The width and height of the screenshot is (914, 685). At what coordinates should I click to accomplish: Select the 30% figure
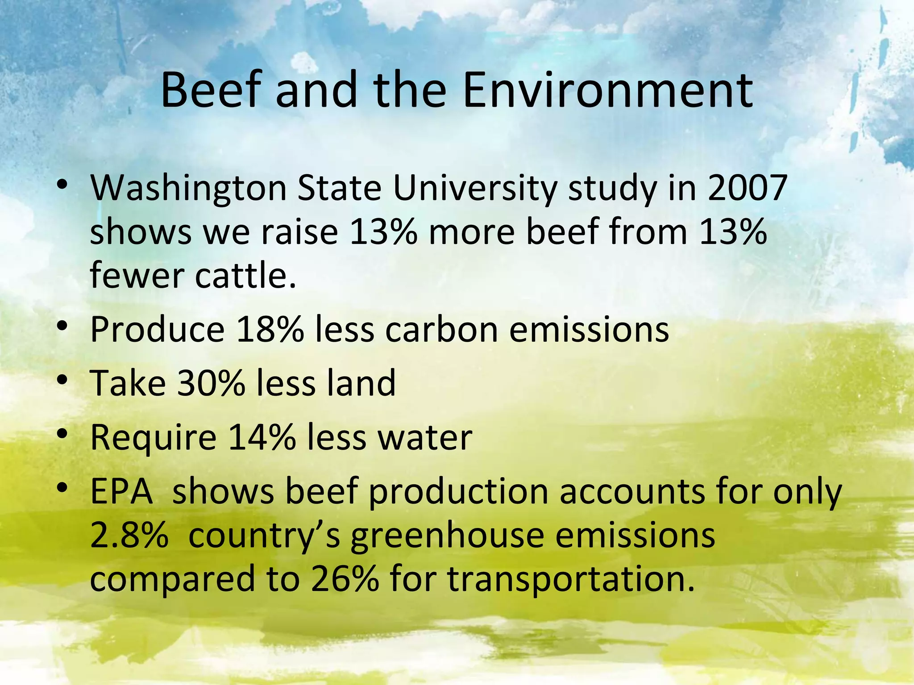pyautogui.click(x=211, y=383)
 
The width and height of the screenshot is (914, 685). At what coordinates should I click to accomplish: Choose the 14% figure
pyautogui.click(x=262, y=437)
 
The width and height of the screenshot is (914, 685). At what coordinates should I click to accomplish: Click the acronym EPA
pyautogui.click(x=121, y=491)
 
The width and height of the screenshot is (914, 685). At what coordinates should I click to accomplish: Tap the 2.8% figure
pyautogui.click(x=129, y=535)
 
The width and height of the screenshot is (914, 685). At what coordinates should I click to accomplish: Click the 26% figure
pyautogui.click(x=345, y=579)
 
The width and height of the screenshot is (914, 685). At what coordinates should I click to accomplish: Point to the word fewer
pyautogui.click(x=137, y=275)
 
